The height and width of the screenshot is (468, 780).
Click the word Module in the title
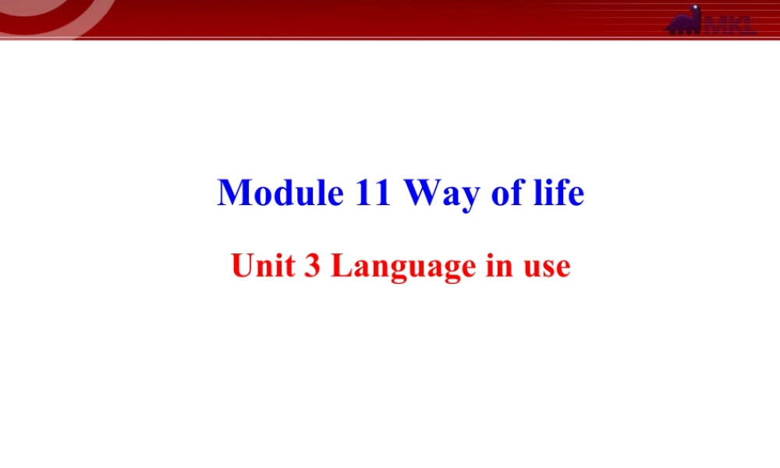coord(281,193)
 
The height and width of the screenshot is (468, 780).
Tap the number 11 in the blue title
coord(373,193)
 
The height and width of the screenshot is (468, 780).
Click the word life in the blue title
coord(555,193)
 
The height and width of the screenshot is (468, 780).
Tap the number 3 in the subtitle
coord(310,266)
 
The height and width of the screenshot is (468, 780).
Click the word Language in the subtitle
coord(403,268)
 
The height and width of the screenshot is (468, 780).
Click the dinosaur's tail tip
coord(667,30)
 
